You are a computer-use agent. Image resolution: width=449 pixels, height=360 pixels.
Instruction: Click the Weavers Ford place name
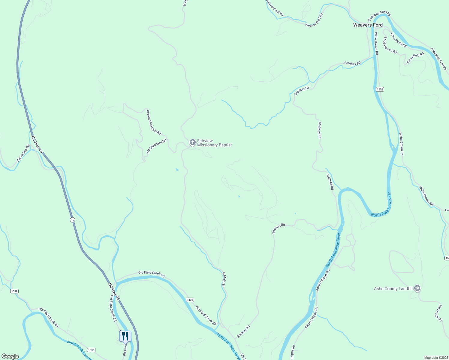368,25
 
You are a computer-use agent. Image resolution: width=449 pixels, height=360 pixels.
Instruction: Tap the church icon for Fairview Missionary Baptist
193,142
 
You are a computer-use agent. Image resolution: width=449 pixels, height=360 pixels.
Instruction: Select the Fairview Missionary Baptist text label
214,143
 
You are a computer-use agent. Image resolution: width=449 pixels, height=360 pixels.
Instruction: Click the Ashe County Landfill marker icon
417,289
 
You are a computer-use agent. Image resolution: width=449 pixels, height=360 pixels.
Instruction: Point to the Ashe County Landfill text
393,289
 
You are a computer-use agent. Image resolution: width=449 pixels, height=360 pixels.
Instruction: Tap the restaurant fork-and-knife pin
125,336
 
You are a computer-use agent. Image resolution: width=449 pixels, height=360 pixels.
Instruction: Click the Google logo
10,356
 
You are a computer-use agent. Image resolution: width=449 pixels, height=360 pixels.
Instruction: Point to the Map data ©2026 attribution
436,358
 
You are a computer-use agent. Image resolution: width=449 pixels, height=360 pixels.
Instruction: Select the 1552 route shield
380,89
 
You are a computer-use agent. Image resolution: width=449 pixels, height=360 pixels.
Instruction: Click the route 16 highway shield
72,220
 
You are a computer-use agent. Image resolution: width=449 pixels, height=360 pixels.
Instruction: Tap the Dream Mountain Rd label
154,122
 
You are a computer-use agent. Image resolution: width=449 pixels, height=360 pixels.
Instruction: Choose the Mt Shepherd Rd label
156,146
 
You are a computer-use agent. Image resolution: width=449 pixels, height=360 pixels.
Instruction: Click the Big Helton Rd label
23,153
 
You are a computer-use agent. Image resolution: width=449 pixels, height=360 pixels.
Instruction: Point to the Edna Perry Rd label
398,40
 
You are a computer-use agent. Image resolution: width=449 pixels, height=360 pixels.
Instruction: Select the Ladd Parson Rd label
390,46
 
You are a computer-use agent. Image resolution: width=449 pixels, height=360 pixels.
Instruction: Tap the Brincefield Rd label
415,58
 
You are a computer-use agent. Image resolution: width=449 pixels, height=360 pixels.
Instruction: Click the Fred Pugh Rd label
438,313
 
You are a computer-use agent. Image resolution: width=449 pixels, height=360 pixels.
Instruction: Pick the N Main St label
223,279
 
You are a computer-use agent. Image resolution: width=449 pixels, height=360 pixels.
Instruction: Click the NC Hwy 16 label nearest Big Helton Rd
37,144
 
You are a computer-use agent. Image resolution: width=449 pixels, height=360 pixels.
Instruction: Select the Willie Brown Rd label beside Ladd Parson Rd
376,44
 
